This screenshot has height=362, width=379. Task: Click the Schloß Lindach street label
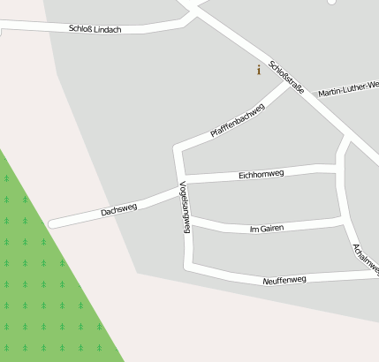click(95, 29)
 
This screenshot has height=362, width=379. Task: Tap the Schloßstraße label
click(287, 77)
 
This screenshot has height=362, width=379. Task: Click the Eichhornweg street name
click(262, 175)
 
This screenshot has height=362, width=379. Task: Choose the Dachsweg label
click(118, 209)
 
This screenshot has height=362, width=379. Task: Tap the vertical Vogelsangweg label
click(185, 207)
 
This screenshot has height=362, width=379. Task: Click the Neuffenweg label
click(284, 280)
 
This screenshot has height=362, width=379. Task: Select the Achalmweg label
click(365, 259)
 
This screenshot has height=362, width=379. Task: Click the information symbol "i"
click(258, 70)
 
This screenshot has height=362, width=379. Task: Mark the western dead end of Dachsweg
click(53, 223)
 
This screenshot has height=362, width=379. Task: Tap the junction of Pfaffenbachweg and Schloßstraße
click(288, 86)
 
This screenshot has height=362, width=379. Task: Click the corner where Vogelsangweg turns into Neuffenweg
click(188, 264)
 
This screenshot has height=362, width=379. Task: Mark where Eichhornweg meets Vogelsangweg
click(182, 179)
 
